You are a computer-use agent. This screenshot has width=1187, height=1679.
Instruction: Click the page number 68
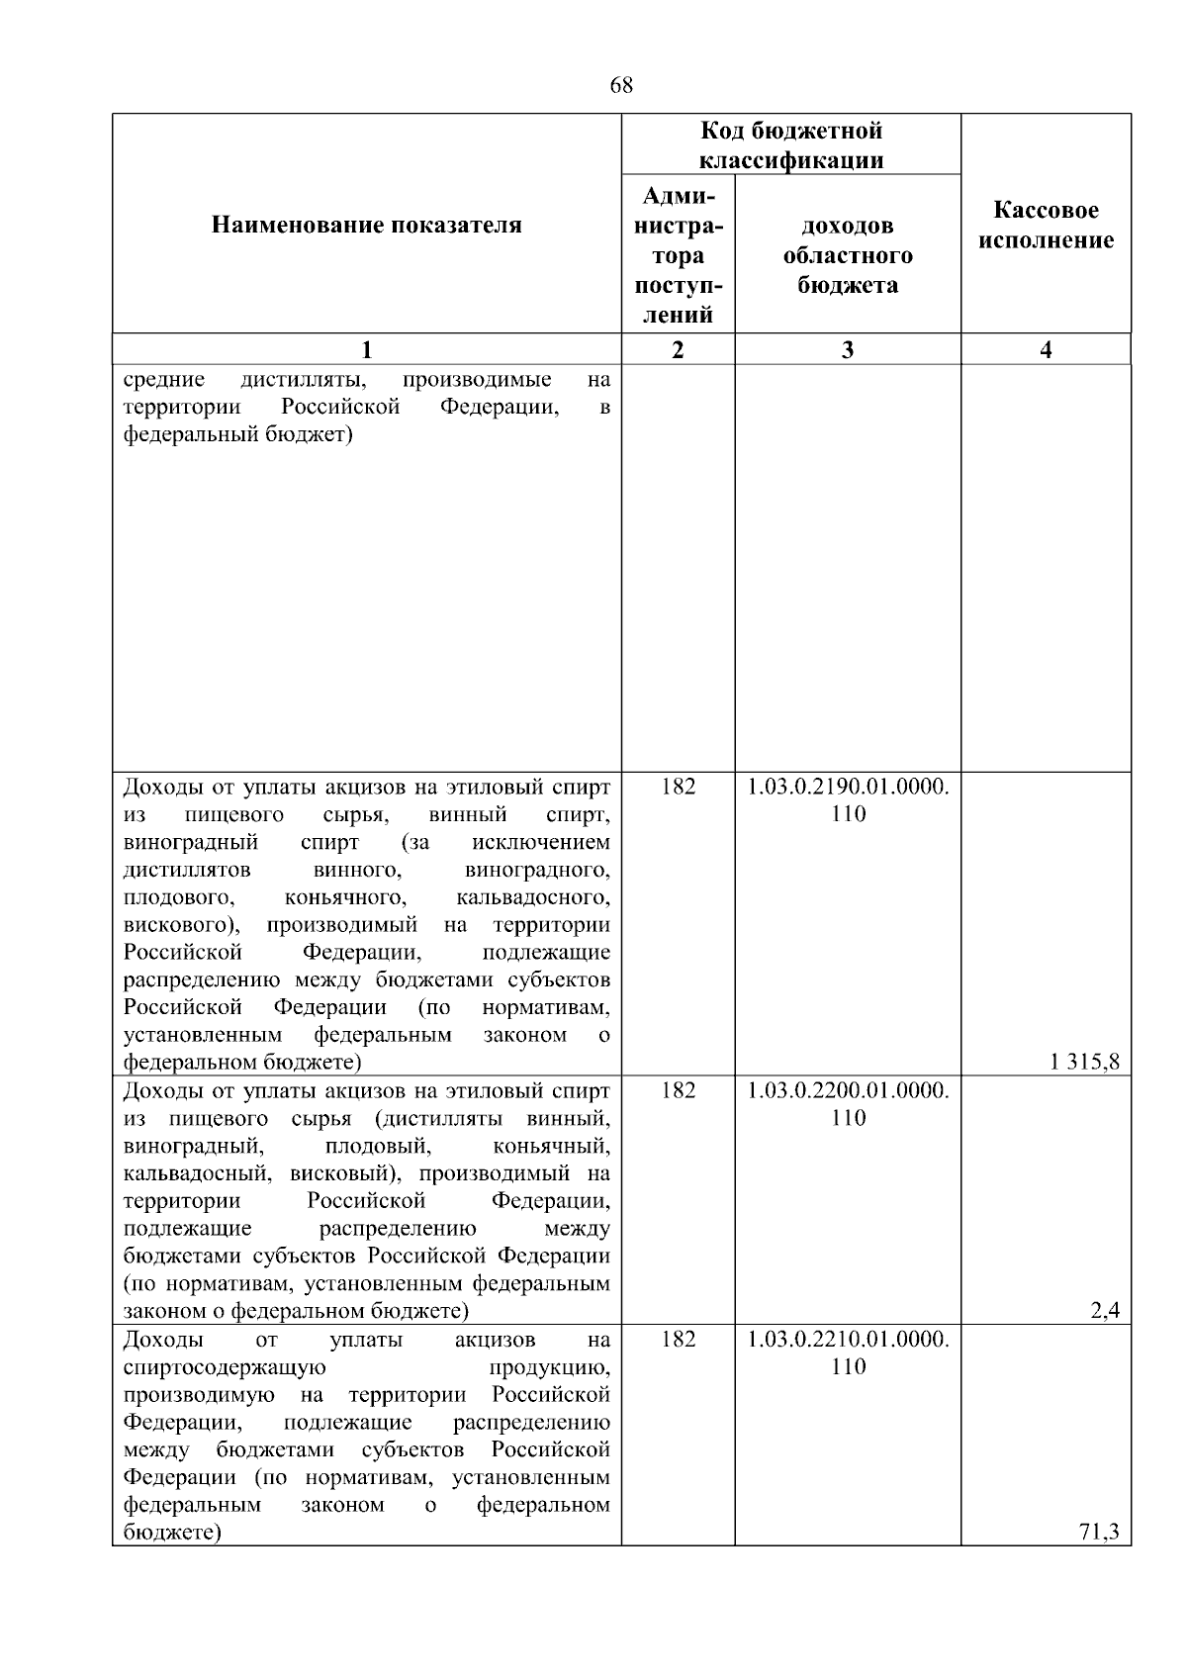point(621,86)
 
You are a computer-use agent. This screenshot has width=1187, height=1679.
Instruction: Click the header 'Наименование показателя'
point(366,226)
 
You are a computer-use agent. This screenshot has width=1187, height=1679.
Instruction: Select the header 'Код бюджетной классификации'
point(791,145)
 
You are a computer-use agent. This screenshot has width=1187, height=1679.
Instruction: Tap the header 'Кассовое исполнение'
point(1046,226)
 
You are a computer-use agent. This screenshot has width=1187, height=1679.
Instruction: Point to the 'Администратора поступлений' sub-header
point(678,255)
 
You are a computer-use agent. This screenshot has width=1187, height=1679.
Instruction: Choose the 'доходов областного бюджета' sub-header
point(848,255)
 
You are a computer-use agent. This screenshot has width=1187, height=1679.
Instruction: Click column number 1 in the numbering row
point(366,349)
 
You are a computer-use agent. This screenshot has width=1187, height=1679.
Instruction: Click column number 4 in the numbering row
point(1046,349)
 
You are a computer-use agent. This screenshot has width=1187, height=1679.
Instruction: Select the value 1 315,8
point(1085,1063)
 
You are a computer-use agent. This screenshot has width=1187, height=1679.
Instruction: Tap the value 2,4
point(1105,1311)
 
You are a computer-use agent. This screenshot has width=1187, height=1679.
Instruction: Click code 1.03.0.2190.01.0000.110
point(848,800)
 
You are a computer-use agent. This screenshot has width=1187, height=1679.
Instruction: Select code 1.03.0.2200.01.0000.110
point(848,1104)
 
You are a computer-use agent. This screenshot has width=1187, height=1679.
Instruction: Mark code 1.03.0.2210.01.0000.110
point(848,1353)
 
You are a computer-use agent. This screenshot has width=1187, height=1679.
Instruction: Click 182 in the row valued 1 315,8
point(678,787)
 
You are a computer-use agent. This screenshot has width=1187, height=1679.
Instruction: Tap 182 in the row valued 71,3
point(678,1340)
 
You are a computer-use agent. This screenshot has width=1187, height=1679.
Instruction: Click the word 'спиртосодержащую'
point(225,1367)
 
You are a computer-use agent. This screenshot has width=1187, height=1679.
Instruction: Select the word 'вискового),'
point(187,925)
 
